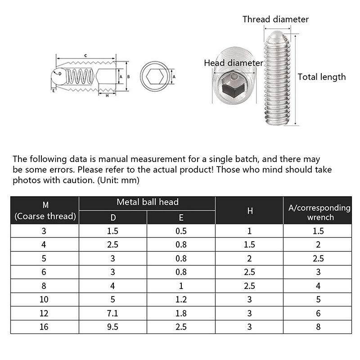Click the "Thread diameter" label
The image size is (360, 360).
tap(275, 19)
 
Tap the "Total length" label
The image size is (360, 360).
tap(321, 77)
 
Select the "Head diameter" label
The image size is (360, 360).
tap(233, 63)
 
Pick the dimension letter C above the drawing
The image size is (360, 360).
tap(85, 55)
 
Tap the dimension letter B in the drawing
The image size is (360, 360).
tap(128, 77)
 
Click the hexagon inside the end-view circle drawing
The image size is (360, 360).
tap(156, 77)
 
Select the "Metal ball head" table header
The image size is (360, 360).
tap(147, 202)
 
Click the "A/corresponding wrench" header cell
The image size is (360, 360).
tap(319, 212)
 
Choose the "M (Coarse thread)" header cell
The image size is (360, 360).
tap(45, 211)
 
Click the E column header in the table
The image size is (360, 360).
tap(181, 217)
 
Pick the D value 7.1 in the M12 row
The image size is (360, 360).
tap(113, 313)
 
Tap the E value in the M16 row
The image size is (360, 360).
tap(181, 327)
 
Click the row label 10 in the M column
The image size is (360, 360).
tap(45, 299)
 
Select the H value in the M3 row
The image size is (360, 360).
tap(249, 231)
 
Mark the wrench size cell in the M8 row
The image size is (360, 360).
tap(319, 285)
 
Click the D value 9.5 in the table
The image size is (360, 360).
tap(113, 327)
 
